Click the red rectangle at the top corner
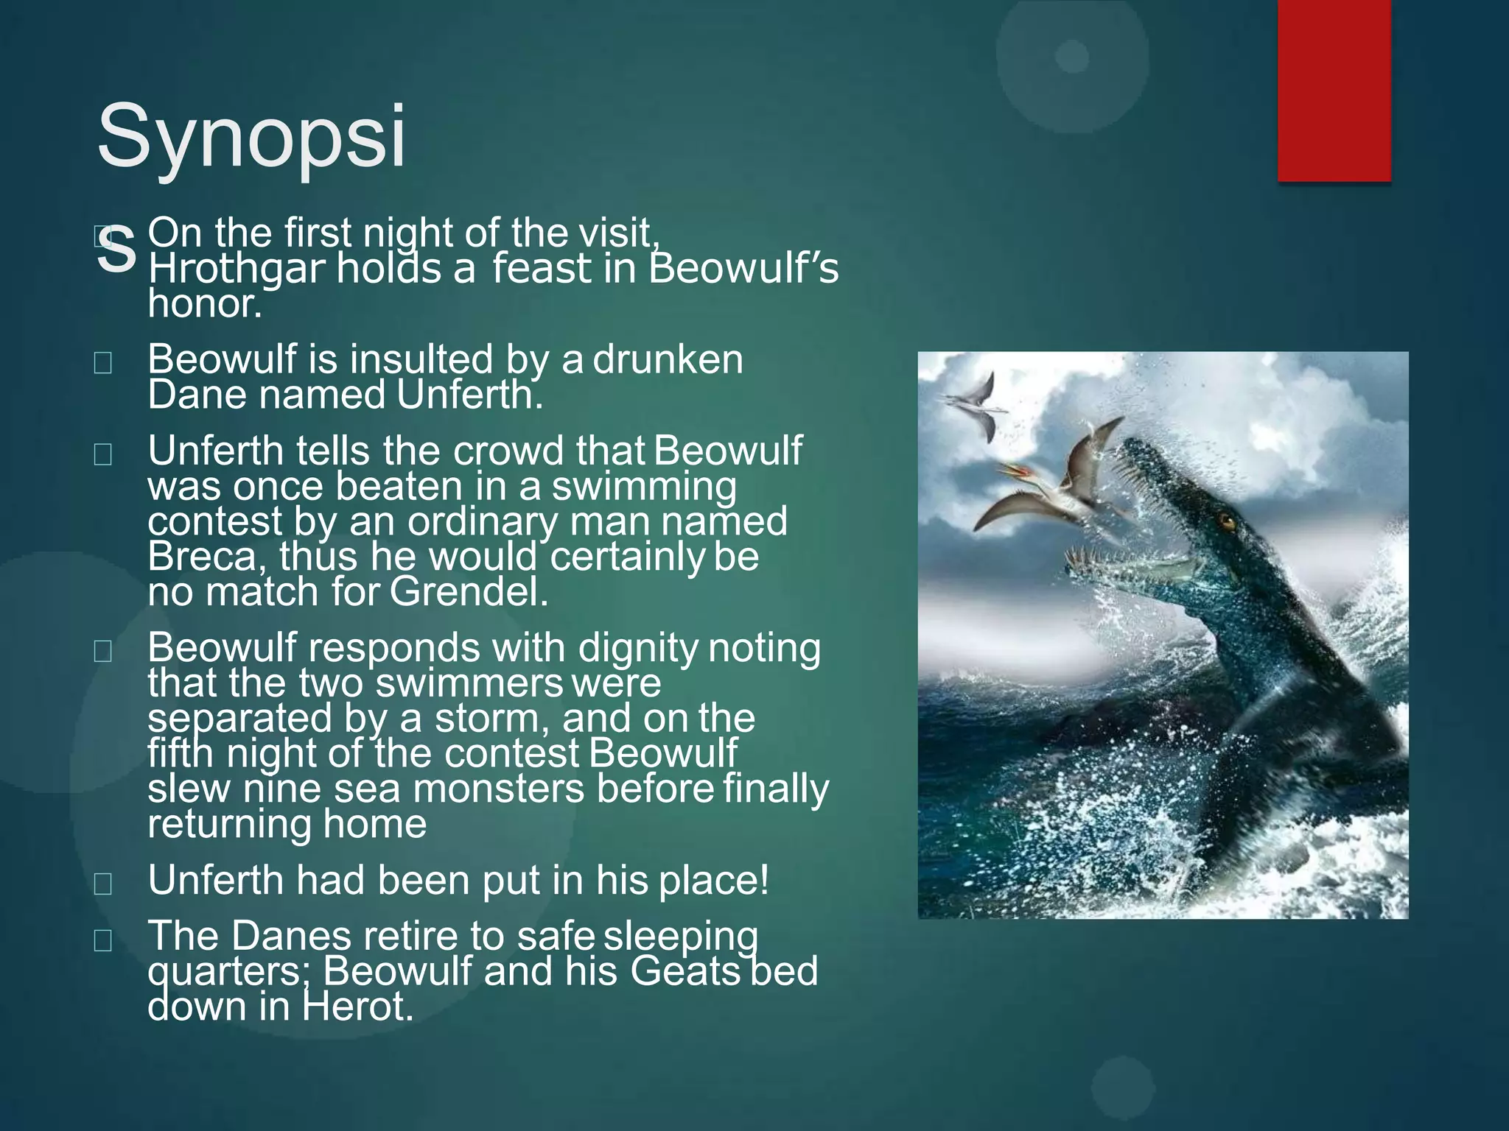click(x=1334, y=90)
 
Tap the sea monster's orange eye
click(x=1228, y=523)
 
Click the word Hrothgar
click(x=236, y=269)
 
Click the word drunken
click(x=668, y=360)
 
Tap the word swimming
click(x=644, y=487)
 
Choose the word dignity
click(x=637, y=649)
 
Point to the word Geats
click(x=685, y=971)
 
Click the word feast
click(x=542, y=269)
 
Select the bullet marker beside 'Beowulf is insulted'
click(x=103, y=362)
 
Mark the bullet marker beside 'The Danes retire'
click(x=103, y=940)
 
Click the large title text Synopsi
click(x=251, y=136)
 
